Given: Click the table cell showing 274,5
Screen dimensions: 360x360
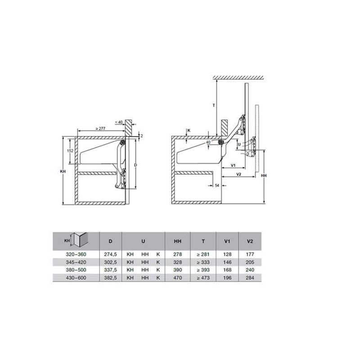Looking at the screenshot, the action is (110, 254).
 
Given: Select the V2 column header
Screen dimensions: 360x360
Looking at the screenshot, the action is (250, 241).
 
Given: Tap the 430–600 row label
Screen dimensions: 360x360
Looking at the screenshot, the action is (76, 278).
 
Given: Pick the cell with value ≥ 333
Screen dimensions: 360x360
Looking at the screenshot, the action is (203, 262).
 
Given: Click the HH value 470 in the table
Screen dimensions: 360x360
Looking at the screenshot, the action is (178, 278).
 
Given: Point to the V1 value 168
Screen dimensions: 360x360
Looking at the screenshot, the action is (227, 270).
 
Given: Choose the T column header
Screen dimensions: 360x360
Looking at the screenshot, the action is (203, 241).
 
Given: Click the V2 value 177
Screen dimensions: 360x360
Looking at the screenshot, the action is (250, 254).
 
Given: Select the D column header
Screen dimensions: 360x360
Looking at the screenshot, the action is (110, 241).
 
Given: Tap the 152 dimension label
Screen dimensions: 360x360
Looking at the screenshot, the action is (70, 151).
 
